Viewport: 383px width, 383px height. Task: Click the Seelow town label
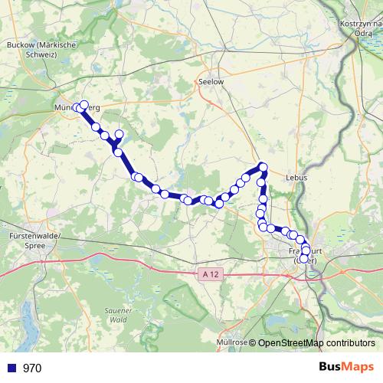[x=210, y=80]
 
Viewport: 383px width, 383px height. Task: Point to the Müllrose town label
[x=232, y=342]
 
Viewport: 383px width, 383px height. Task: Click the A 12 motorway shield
[x=212, y=273]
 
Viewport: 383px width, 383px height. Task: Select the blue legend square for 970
[x=11, y=368]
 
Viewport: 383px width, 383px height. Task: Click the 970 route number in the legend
[x=32, y=368]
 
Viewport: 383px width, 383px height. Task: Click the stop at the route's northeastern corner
[x=263, y=167]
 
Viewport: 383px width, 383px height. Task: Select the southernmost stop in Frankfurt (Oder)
[x=303, y=259]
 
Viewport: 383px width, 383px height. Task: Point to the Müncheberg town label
[x=77, y=109]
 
